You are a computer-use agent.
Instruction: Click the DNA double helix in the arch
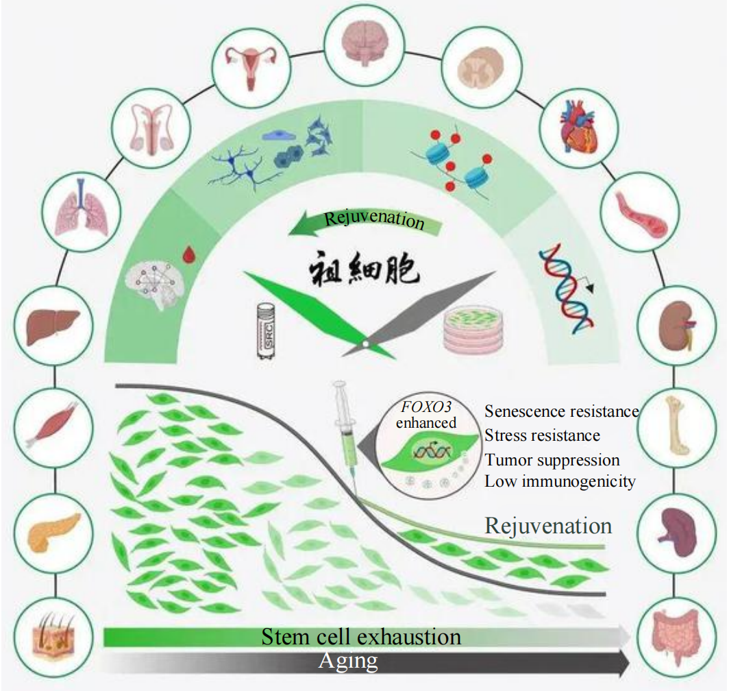pos(564,290)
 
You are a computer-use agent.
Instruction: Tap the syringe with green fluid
pos(345,428)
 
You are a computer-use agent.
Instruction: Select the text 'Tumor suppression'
pos(552,459)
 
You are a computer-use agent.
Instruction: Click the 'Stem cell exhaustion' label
pos(361,637)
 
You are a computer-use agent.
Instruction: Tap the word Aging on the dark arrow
pos(348,662)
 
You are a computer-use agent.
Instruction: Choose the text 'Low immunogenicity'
pos(560,481)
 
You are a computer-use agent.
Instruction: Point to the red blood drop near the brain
pos(188,255)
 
